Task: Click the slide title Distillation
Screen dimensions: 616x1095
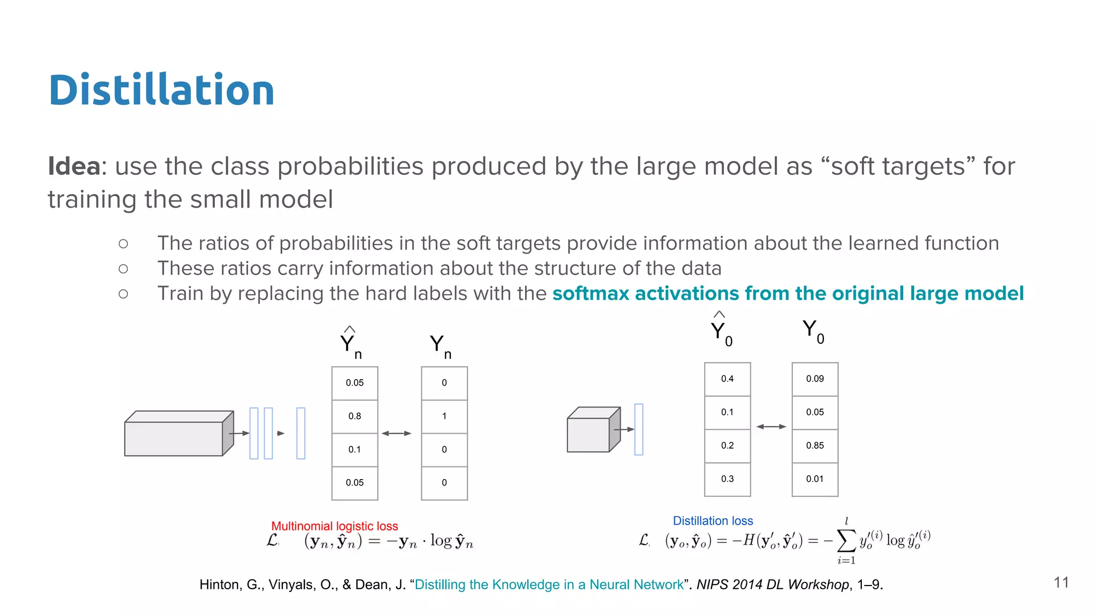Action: pos(161,90)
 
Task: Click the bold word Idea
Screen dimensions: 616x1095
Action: pos(74,166)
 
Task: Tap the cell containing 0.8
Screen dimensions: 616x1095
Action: pos(354,416)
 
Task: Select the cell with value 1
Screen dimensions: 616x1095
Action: pos(444,416)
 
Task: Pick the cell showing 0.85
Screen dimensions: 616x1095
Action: pos(814,445)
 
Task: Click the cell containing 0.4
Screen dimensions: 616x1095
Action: pos(727,379)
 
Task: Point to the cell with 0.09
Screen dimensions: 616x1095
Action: pos(814,379)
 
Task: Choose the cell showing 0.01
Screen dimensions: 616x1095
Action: pos(814,479)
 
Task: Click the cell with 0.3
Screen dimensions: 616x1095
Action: pos(727,479)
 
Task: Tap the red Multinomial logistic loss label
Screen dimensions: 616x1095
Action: pos(334,526)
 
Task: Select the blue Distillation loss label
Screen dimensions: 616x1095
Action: pos(712,521)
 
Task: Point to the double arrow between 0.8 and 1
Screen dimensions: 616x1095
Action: pos(396,433)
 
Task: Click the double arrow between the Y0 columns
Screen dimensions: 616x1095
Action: pos(771,427)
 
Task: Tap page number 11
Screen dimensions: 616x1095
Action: pos(1061,582)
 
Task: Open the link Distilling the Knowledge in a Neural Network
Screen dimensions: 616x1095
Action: pos(549,584)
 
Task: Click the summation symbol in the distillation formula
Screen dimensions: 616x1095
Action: pos(845,541)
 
